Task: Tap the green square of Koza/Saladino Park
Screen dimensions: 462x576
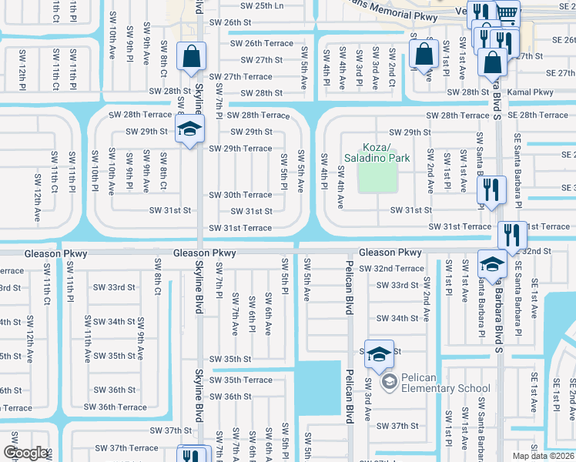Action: coord(377,178)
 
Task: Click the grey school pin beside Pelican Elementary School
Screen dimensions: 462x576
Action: coord(389,381)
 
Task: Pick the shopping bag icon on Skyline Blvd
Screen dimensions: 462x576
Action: coord(189,57)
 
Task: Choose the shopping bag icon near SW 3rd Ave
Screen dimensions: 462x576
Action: coord(424,55)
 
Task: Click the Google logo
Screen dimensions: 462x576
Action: coord(25,454)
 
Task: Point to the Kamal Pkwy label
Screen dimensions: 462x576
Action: coord(531,92)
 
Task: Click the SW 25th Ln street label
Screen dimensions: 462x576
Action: coord(262,5)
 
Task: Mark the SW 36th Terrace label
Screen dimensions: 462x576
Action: coord(116,407)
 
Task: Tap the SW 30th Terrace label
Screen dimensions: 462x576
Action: coord(240,195)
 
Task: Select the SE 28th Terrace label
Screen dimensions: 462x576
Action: coord(537,115)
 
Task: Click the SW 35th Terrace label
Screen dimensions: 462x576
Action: coord(241,380)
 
